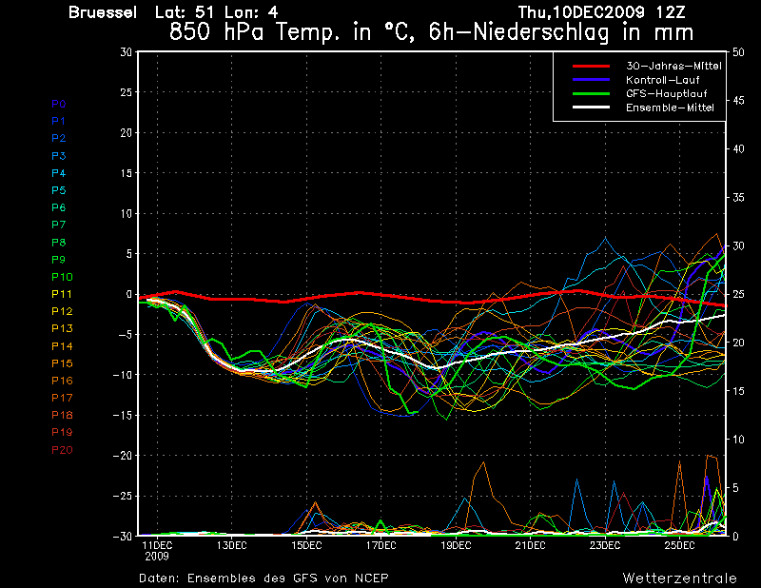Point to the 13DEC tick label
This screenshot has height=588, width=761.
click(231, 545)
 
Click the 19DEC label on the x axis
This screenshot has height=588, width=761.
click(456, 545)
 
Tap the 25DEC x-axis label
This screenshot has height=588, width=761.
click(680, 545)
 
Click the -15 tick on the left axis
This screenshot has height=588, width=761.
click(122, 416)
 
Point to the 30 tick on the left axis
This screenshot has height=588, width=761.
click(126, 52)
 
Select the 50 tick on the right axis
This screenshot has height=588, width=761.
click(739, 52)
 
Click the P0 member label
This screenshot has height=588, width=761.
click(59, 104)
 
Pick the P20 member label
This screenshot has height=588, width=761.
click(62, 449)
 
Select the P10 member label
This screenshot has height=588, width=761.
click(62, 277)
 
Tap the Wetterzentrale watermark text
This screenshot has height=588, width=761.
click(680, 578)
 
